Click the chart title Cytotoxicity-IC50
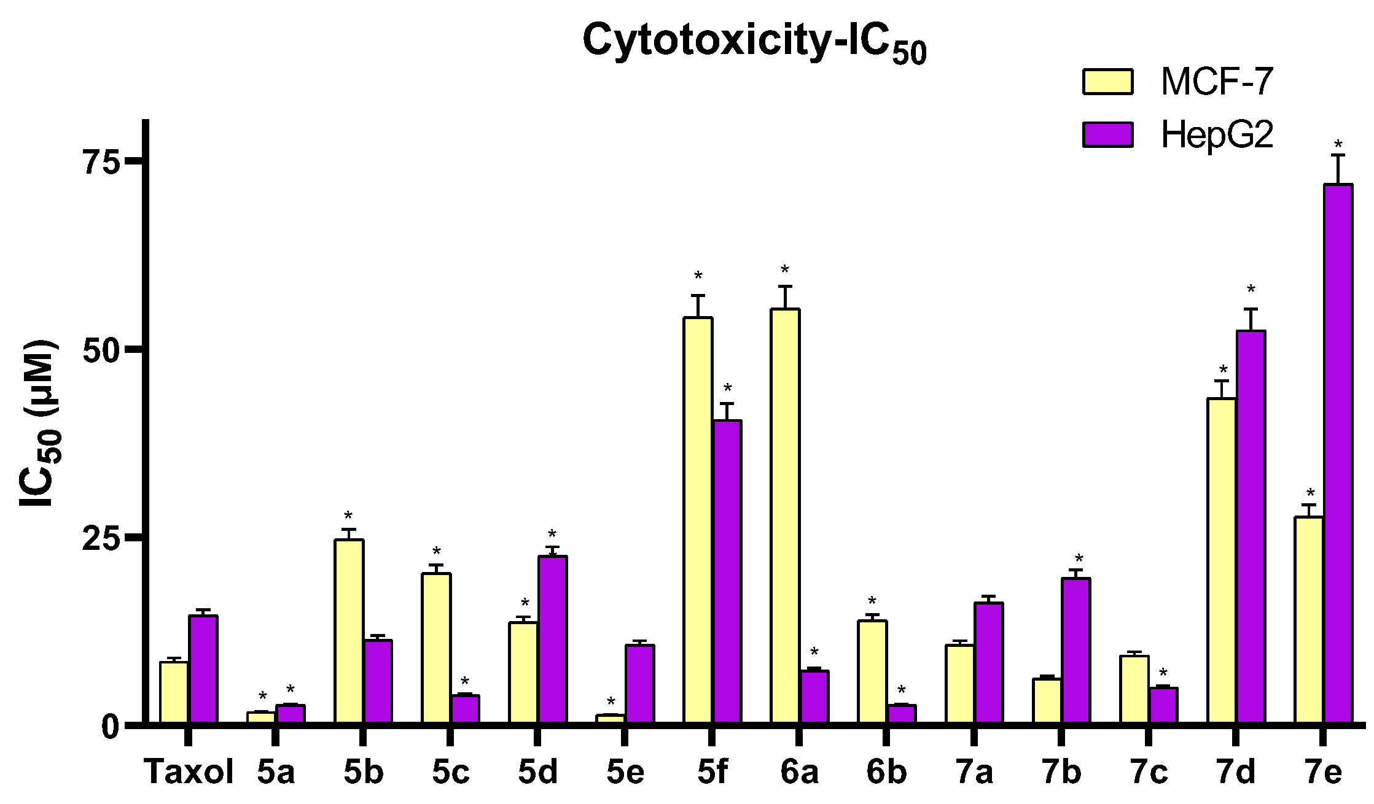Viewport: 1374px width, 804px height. pyautogui.click(x=754, y=42)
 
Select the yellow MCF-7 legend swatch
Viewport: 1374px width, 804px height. pyautogui.click(x=1107, y=82)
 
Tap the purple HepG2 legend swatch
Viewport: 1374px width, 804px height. pyautogui.click(x=1107, y=134)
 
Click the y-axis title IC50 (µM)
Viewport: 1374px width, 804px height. pyautogui.click(x=39, y=423)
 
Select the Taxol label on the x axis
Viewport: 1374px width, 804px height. pyautogui.click(x=189, y=772)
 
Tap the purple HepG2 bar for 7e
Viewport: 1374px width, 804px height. pyautogui.click(x=1338, y=454)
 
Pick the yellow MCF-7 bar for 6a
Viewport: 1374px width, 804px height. pyautogui.click(x=785, y=516)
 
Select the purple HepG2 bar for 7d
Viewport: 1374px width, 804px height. pyautogui.click(x=1251, y=528)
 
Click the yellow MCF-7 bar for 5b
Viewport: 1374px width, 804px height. pyautogui.click(x=349, y=632)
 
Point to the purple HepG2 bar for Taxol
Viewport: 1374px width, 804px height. pyautogui.click(x=203, y=670)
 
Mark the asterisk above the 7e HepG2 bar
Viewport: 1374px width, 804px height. pyautogui.click(x=1338, y=145)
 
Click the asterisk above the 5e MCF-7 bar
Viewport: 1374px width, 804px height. pyautogui.click(x=611, y=702)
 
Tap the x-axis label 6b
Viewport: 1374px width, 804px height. pyautogui.click(x=886, y=772)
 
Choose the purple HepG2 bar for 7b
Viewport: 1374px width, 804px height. pyautogui.click(x=1076, y=651)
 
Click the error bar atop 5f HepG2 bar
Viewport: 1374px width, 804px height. pyautogui.click(x=727, y=411)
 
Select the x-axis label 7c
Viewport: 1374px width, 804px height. pyautogui.click(x=1149, y=772)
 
